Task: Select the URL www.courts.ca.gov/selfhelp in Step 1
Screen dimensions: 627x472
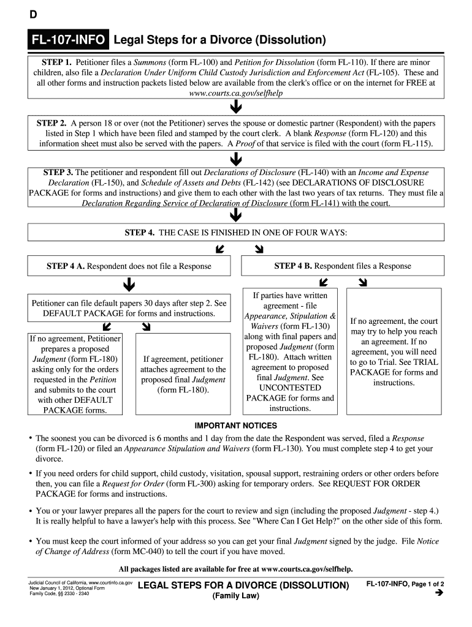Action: (x=236, y=93)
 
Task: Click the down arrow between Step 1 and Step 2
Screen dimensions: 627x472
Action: (x=235, y=108)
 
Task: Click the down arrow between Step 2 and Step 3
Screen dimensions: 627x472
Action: (x=235, y=159)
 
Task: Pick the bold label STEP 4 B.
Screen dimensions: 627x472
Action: (x=293, y=266)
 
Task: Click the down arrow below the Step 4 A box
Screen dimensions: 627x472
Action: (x=129, y=285)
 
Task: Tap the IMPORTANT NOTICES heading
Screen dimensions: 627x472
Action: (x=236, y=426)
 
